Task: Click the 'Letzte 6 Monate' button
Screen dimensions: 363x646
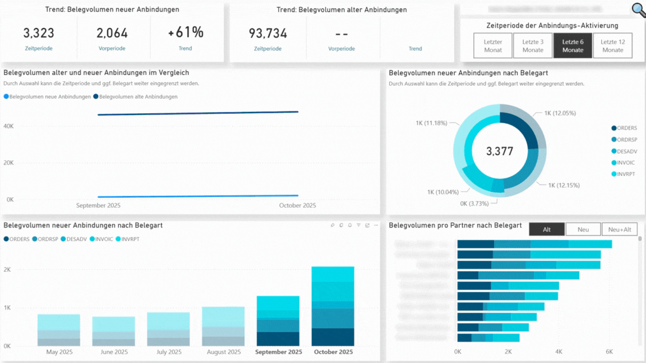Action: (573, 46)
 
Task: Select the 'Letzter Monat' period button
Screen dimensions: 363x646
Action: (493, 46)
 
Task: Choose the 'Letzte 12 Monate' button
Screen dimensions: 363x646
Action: (612, 46)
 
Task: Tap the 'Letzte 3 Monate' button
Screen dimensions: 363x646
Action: (533, 46)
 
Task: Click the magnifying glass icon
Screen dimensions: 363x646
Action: (638, 9)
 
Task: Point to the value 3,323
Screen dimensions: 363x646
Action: (39, 33)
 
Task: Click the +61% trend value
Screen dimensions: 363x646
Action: (186, 32)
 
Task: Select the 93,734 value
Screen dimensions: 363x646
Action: (267, 34)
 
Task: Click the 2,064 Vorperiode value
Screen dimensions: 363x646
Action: (112, 33)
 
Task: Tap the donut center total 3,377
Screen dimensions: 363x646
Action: (499, 151)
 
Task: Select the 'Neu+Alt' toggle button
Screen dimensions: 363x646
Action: (619, 229)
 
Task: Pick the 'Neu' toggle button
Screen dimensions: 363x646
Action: (583, 229)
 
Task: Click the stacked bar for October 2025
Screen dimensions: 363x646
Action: (333, 306)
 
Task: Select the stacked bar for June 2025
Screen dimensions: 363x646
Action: (114, 331)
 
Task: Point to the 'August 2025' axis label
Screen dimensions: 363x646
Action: (224, 352)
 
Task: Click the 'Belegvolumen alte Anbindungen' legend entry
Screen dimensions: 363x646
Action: (137, 96)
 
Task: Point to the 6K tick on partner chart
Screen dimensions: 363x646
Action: (609, 352)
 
